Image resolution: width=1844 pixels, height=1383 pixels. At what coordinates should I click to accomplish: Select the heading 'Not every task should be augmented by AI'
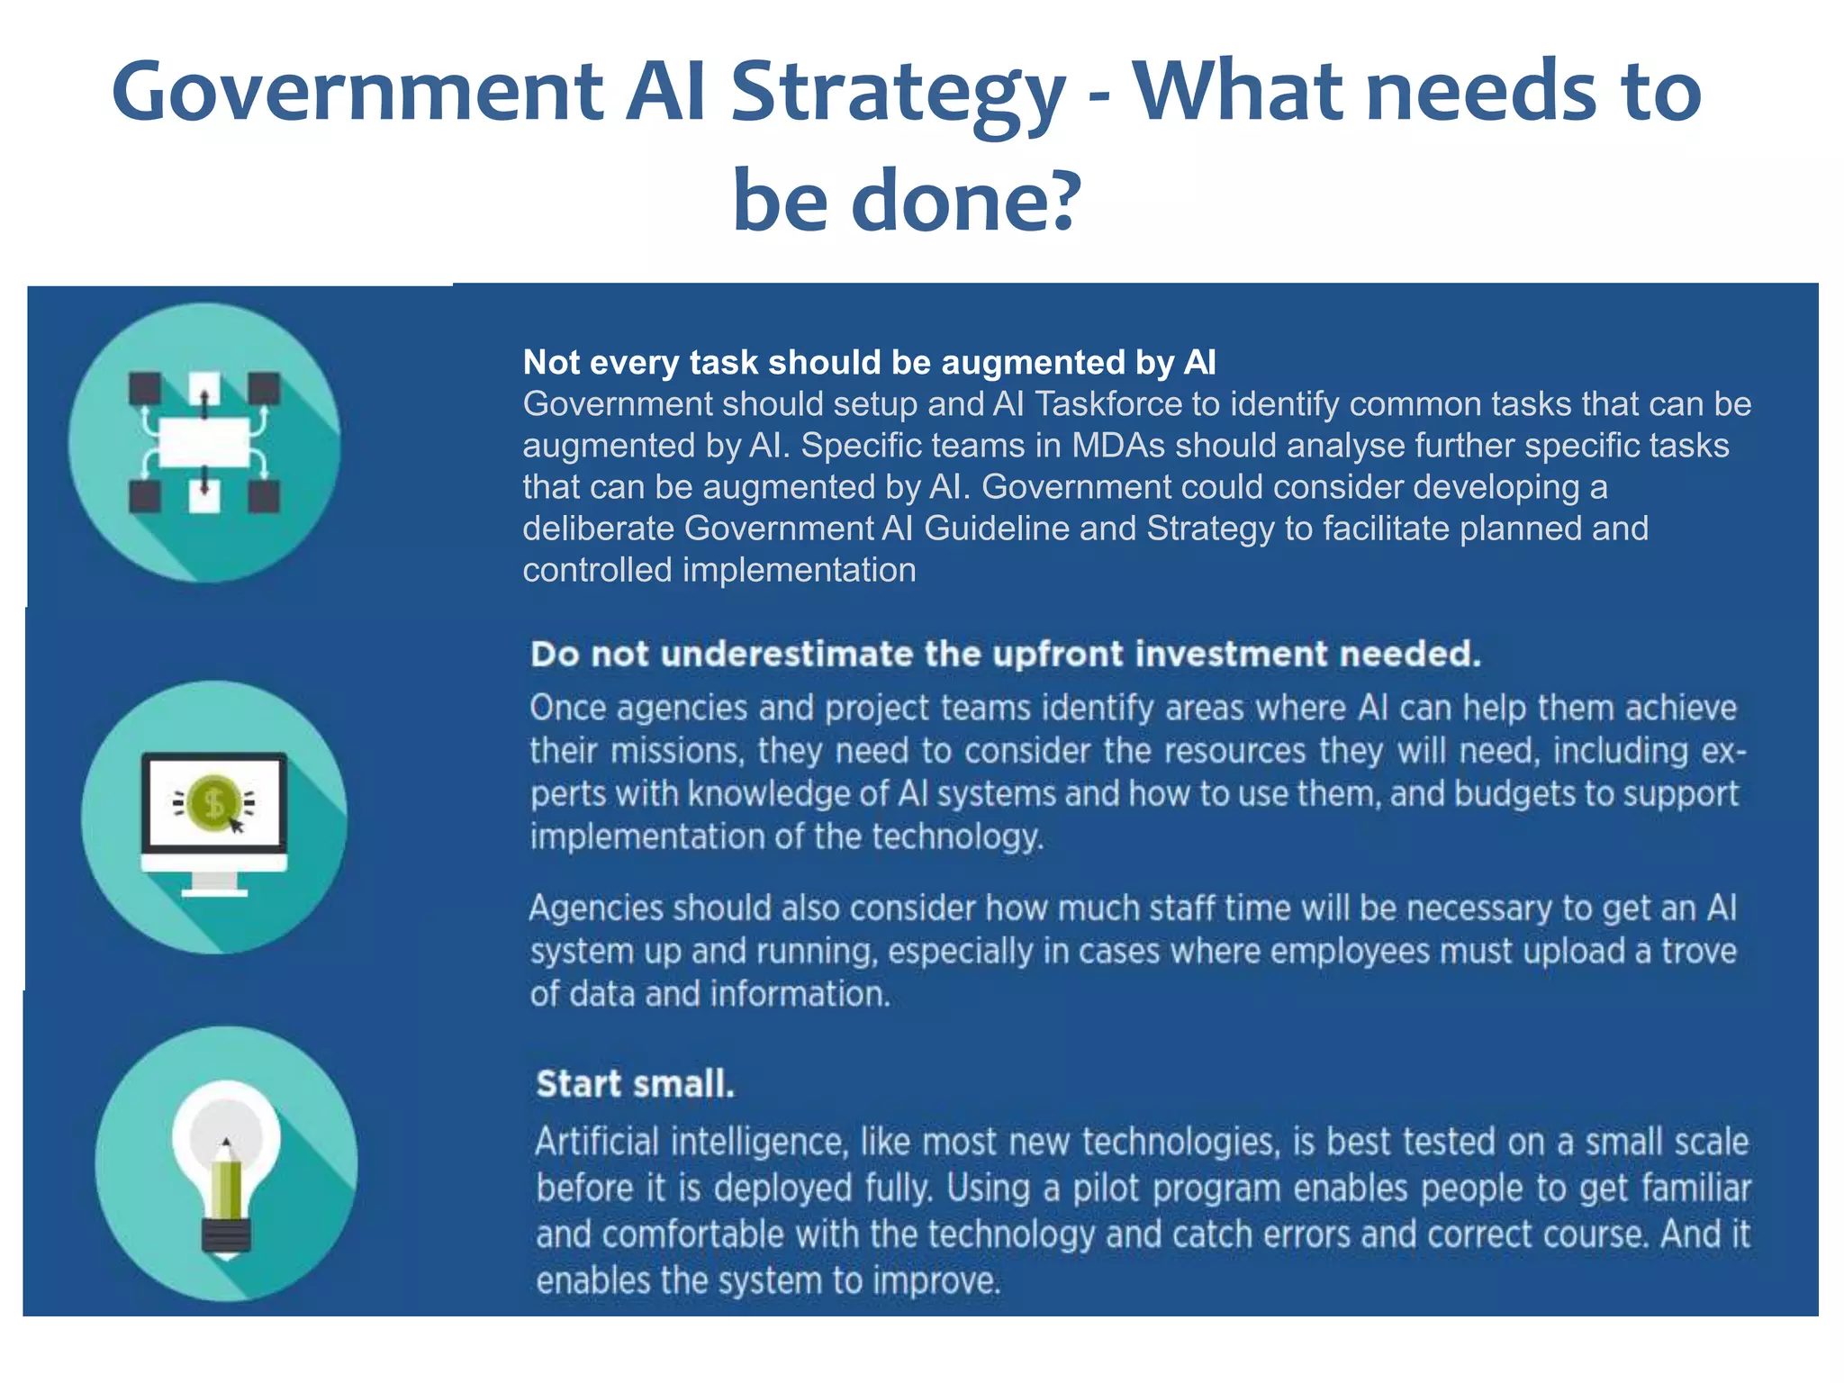click(869, 362)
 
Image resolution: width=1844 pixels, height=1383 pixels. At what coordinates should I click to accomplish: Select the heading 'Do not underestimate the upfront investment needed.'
click(1005, 654)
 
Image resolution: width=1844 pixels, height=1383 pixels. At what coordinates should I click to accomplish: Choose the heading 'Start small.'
click(635, 1084)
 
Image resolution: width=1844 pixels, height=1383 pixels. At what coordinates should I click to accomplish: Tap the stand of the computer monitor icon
click(214, 883)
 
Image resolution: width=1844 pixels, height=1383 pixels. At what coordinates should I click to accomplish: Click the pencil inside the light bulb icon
click(226, 1180)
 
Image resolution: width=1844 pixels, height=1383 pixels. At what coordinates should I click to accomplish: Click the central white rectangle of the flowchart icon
click(204, 442)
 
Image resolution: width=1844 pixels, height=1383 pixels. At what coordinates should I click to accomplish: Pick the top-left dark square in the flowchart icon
click(144, 389)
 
